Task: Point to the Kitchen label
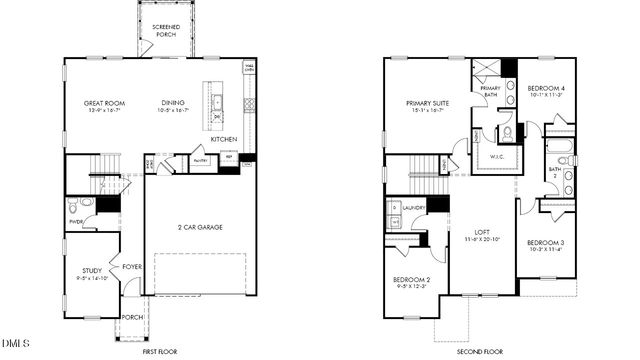(x=223, y=139)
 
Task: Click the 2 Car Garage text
(x=200, y=228)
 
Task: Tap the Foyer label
(x=131, y=266)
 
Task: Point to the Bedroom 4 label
(x=547, y=89)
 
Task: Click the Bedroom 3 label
(x=546, y=243)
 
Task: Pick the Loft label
(x=482, y=233)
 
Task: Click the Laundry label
(x=414, y=207)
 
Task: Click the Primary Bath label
(x=490, y=91)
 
